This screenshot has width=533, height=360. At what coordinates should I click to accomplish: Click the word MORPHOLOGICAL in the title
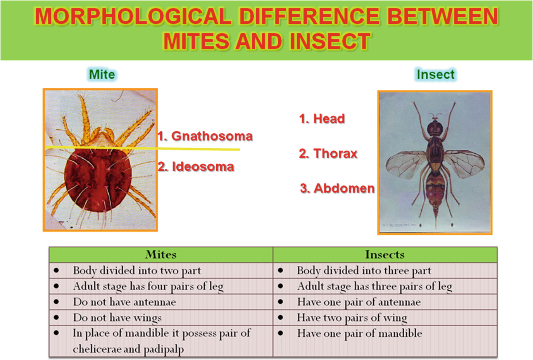(x=133, y=16)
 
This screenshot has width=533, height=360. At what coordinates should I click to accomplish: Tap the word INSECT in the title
(x=330, y=41)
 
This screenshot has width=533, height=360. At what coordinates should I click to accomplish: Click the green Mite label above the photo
(x=102, y=74)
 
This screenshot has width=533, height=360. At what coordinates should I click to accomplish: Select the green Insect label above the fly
(x=435, y=74)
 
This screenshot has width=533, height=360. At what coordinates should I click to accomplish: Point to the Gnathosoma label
(x=205, y=136)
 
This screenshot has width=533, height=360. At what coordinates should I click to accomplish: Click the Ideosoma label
(x=196, y=166)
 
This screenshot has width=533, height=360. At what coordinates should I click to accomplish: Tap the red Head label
(x=322, y=119)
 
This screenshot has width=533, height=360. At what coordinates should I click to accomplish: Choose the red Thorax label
(x=328, y=153)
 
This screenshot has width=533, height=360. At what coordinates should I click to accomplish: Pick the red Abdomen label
(x=337, y=188)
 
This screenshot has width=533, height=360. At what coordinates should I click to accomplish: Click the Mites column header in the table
(x=161, y=254)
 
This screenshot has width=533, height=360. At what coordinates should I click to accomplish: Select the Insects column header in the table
(x=385, y=254)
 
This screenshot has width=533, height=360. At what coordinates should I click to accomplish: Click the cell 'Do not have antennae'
(x=124, y=302)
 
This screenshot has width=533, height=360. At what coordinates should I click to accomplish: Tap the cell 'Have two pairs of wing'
(x=352, y=318)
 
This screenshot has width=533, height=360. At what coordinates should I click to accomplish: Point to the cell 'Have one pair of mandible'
(x=360, y=333)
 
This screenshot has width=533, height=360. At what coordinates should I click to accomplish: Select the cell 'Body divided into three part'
(x=364, y=271)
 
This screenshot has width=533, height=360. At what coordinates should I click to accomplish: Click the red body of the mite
(x=98, y=180)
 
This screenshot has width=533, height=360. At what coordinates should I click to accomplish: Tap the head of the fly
(x=435, y=128)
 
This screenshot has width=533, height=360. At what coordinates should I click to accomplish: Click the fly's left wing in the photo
(x=406, y=164)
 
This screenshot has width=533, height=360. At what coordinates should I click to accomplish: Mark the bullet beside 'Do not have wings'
(x=56, y=317)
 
